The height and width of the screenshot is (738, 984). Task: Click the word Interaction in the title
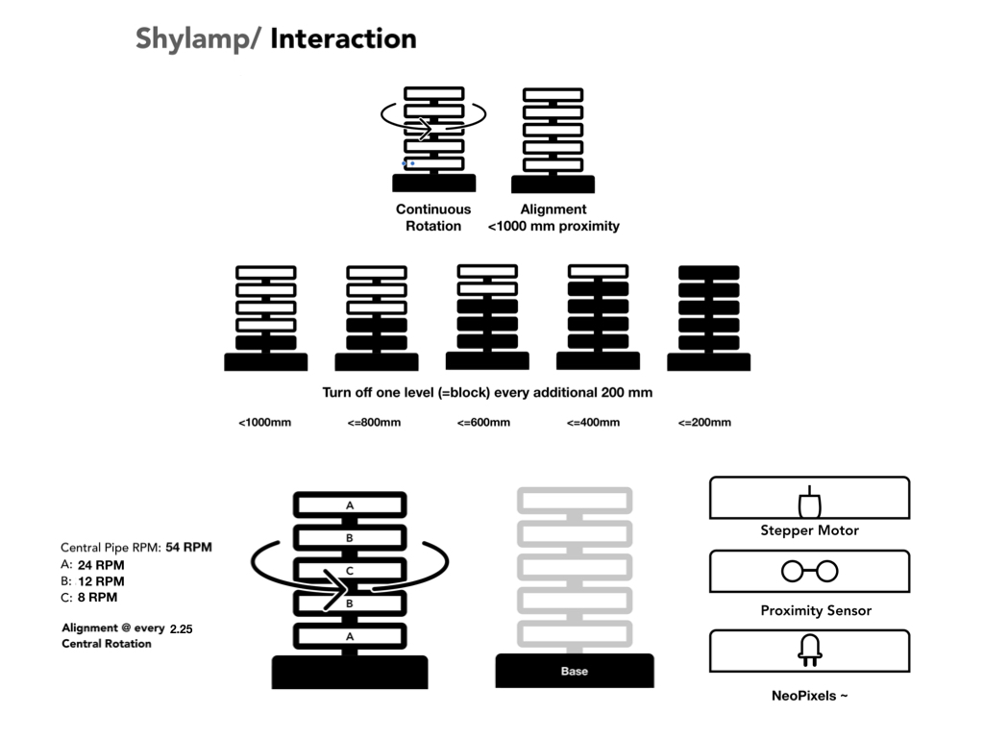pos(343,39)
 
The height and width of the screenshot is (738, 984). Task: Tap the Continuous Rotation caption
pos(433,217)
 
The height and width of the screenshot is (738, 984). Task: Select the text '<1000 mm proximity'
pos(553,227)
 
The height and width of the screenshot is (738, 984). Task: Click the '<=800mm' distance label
pos(375,423)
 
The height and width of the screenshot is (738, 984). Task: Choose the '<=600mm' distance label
pos(483,423)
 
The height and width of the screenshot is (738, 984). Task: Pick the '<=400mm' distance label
pos(593,423)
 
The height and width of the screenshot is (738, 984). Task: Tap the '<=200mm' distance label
pos(703,423)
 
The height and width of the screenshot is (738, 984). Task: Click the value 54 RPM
pos(188,547)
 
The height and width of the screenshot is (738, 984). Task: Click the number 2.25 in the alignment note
pos(182,628)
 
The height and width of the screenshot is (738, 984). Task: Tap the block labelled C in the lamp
pos(350,571)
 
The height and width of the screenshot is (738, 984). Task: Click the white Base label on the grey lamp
pos(574,671)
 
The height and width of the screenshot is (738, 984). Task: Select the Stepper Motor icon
pos(809,504)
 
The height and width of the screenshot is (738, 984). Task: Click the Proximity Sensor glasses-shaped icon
pos(809,572)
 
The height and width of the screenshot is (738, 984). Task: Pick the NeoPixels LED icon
pos(809,652)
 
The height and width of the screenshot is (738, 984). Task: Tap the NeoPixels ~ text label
pos(809,695)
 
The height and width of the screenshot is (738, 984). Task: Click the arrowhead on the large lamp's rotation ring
pos(338,588)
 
